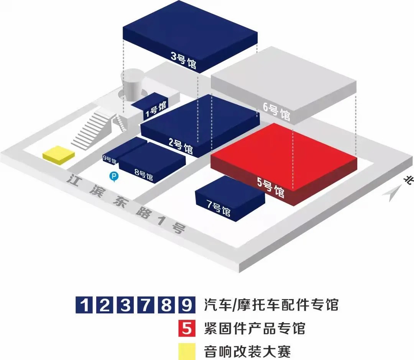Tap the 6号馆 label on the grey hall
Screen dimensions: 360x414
tap(276, 111)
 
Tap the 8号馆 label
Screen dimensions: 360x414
tap(144, 175)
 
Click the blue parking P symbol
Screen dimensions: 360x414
tap(114, 176)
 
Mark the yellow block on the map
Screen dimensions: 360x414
tap(59, 155)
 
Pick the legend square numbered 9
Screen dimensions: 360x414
tap(187, 305)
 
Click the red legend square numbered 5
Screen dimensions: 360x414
tap(187, 328)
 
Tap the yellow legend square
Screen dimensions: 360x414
tap(187, 350)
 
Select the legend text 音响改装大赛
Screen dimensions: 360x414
tap(247, 350)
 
